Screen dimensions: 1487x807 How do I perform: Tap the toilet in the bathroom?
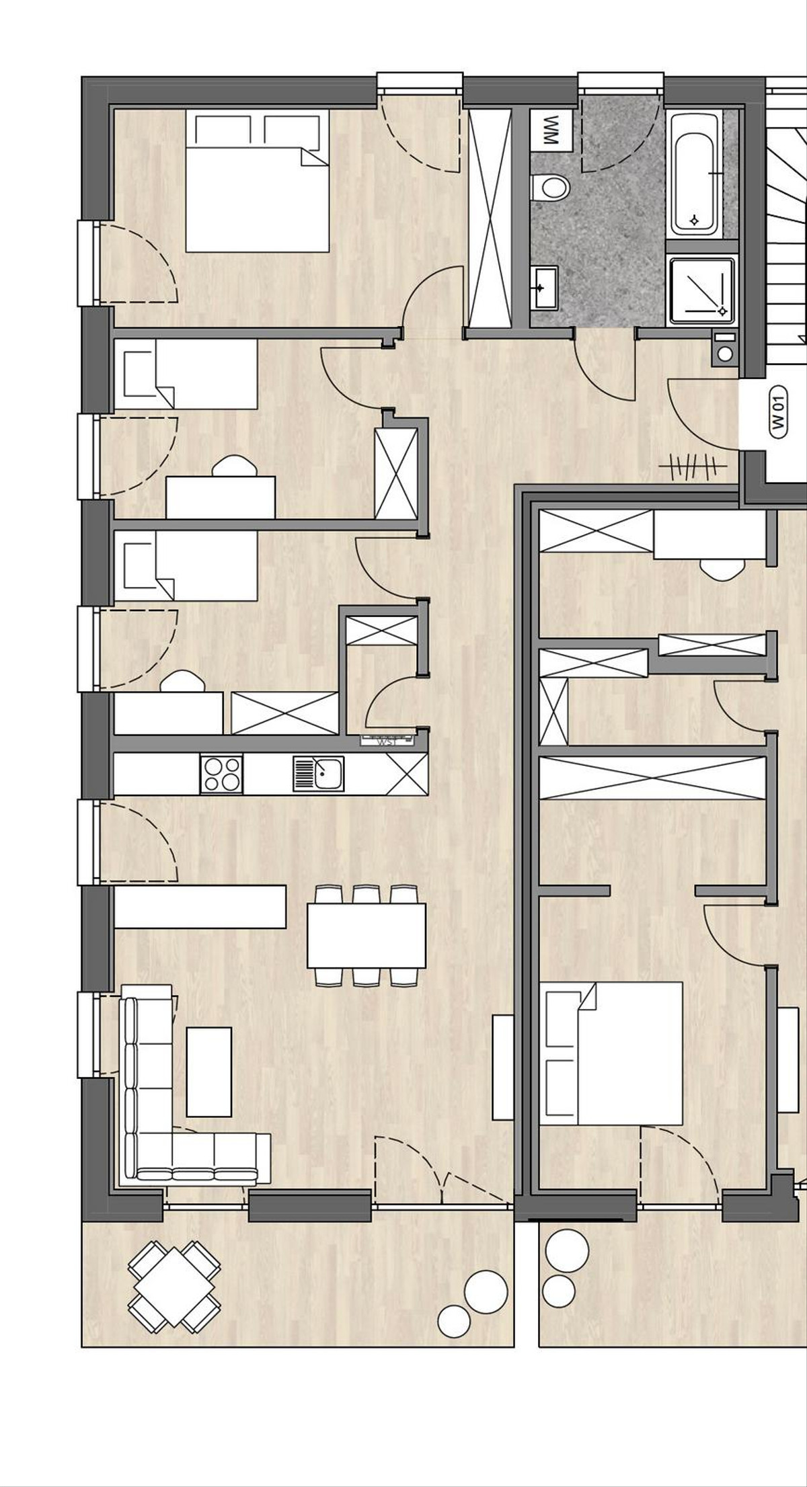pos(549,186)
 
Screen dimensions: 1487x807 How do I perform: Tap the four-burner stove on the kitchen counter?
pos(221,774)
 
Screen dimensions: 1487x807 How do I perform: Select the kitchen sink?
pos(319,774)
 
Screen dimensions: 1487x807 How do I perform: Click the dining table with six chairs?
pos(367,934)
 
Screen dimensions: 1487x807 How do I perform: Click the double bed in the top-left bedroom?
pos(257,182)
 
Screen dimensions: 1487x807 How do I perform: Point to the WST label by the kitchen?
pos(385,742)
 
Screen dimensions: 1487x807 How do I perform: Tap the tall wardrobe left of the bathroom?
pos(490,218)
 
